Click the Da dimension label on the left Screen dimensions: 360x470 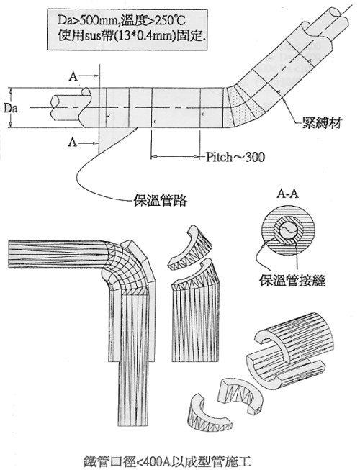[11, 108]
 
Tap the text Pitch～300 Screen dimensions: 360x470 [235, 156]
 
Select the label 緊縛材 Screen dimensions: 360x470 [322, 122]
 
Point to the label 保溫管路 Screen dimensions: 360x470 [161, 201]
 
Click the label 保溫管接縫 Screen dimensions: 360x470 [292, 281]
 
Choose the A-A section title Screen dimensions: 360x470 [287, 194]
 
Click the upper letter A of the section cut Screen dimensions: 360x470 [73, 77]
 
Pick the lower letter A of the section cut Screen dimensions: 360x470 [73, 142]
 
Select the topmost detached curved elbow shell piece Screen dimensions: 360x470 [190, 248]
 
